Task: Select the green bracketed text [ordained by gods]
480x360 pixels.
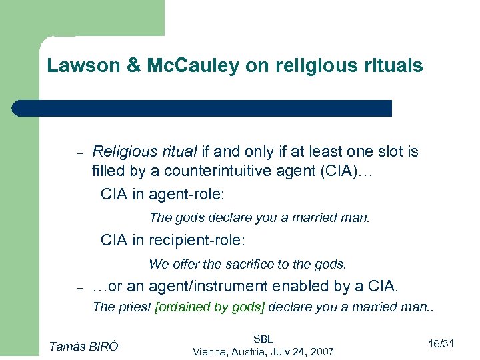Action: (x=210, y=307)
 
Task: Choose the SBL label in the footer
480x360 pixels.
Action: (x=263, y=339)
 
